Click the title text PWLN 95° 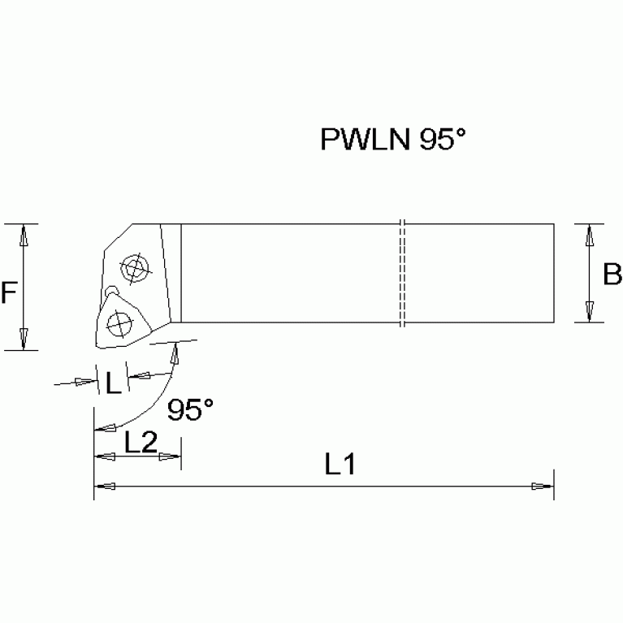[x=393, y=141]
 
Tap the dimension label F [x=9, y=292]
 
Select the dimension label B [x=612, y=275]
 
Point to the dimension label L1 [x=341, y=465]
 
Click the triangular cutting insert [x=119, y=322]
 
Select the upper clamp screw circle [x=132, y=268]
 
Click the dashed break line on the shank [x=403, y=273]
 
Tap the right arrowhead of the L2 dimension [x=171, y=457]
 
